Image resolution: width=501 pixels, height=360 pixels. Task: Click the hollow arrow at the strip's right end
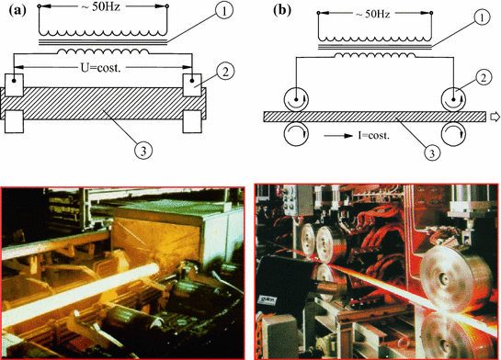pos(494,116)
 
